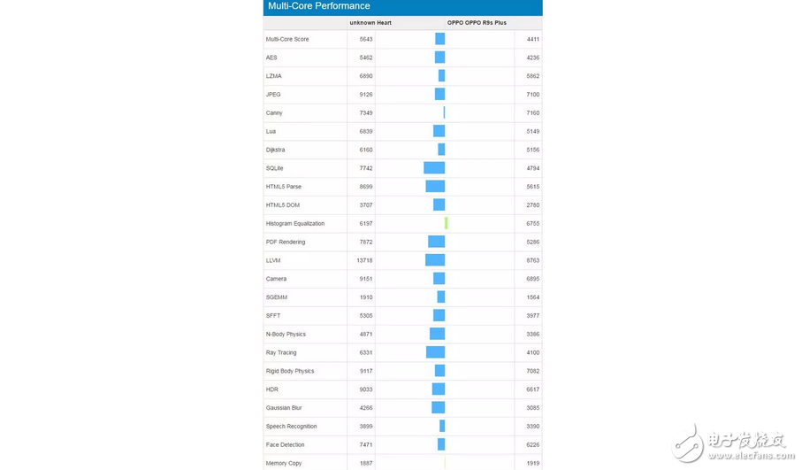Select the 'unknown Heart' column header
tap(370, 23)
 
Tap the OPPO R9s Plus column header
tap(477, 23)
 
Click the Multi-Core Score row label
tap(287, 39)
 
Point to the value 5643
tap(366, 39)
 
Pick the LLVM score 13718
tap(364, 260)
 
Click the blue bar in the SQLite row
tap(434, 168)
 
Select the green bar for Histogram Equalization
tap(446, 223)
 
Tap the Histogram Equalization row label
tap(295, 223)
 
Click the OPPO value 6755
tap(532, 223)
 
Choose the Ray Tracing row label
tap(281, 352)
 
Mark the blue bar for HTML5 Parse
tap(435, 187)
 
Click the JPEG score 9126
tap(366, 95)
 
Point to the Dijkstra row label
tap(275, 150)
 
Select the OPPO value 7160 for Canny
tap(532, 113)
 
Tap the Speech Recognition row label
tap(291, 426)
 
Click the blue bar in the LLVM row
tap(435, 260)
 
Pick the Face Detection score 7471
tap(366, 444)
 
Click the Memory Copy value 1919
tap(532, 463)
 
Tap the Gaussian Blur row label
tap(284, 408)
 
